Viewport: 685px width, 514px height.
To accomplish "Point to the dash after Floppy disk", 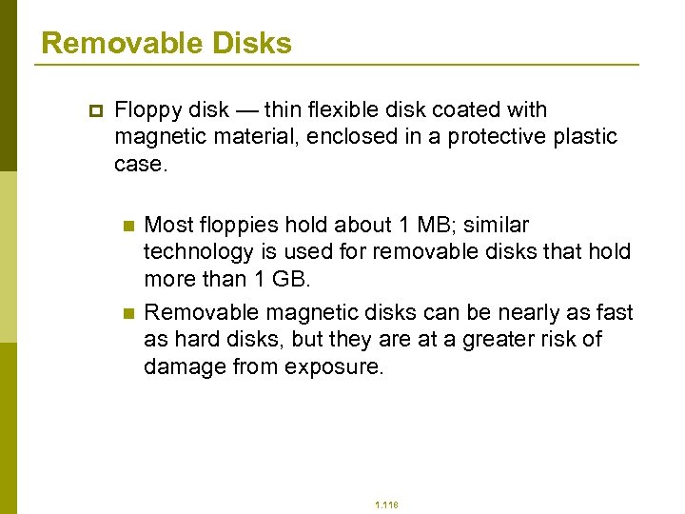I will [247, 110].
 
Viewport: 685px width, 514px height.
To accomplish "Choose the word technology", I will [196, 252].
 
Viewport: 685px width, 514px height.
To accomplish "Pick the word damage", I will [184, 367].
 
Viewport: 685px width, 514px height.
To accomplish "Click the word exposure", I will [334, 367].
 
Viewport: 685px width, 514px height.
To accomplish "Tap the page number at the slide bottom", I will [386, 505].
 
